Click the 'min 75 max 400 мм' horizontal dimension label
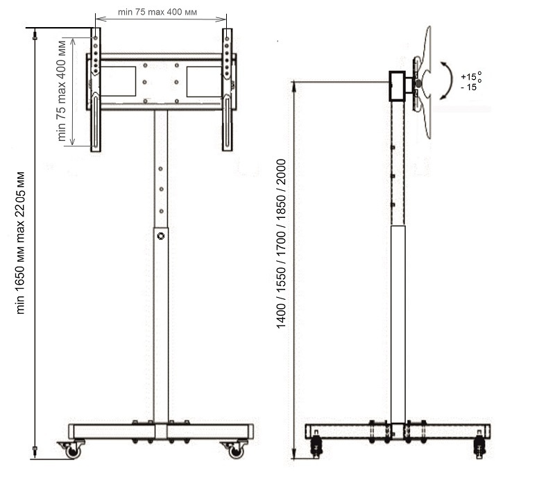(157, 12)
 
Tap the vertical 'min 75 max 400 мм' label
(61, 91)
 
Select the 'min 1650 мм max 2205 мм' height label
(20, 243)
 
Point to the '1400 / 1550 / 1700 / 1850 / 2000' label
(281, 244)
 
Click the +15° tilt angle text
(471, 76)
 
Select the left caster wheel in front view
(73, 450)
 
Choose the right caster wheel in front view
(234, 450)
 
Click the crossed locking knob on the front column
(161, 236)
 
